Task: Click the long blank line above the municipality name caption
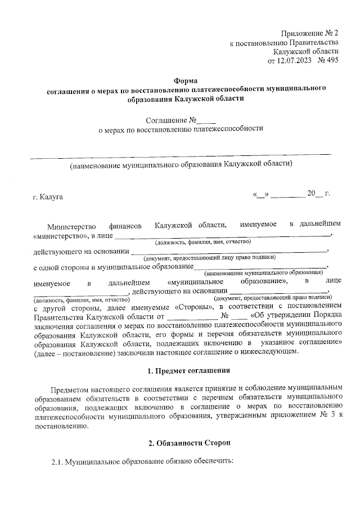click(181, 154)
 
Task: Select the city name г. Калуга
click(48, 197)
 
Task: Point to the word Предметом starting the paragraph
click(70, 389)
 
